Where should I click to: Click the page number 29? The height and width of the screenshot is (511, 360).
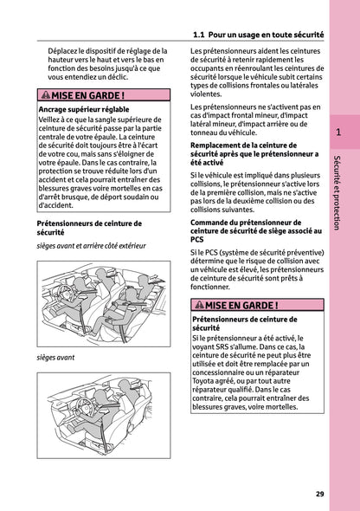coord(320,494)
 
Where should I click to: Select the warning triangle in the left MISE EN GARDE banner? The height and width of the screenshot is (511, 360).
coord(46,95)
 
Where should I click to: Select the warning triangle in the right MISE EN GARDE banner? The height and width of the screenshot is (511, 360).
coord(198,306)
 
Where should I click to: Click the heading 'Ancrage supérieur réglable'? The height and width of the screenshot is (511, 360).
coord(84,110)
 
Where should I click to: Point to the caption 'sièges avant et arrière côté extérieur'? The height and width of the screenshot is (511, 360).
coord(91,246)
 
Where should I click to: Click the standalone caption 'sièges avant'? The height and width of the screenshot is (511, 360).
coord(55,357)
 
